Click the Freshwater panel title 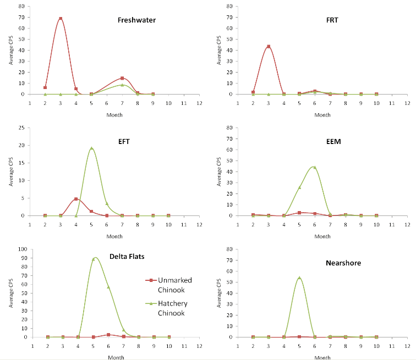coord(136,20)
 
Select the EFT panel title coord(123,141)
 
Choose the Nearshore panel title coord(343,263)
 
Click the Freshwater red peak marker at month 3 coord(61,19)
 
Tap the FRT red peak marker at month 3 coord(269,46)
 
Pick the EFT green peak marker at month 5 coord(91,148)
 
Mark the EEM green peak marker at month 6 coord(315,167)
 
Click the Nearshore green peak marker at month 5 coord(299,278)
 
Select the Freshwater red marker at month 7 coord(122,78)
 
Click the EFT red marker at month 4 coord(76,199)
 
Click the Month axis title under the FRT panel coord(322,115)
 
